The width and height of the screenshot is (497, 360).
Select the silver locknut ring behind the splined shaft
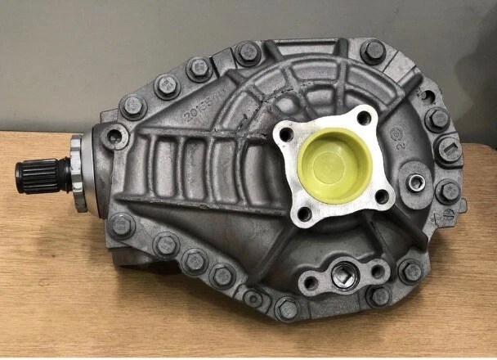coord(78,175)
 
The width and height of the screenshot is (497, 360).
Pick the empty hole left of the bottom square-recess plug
coord(308,283)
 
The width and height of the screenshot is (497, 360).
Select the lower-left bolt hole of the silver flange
coord(304,215)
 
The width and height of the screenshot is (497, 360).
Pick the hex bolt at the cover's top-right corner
coord(374,52)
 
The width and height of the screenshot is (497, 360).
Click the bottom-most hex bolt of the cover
coord(287,310)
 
